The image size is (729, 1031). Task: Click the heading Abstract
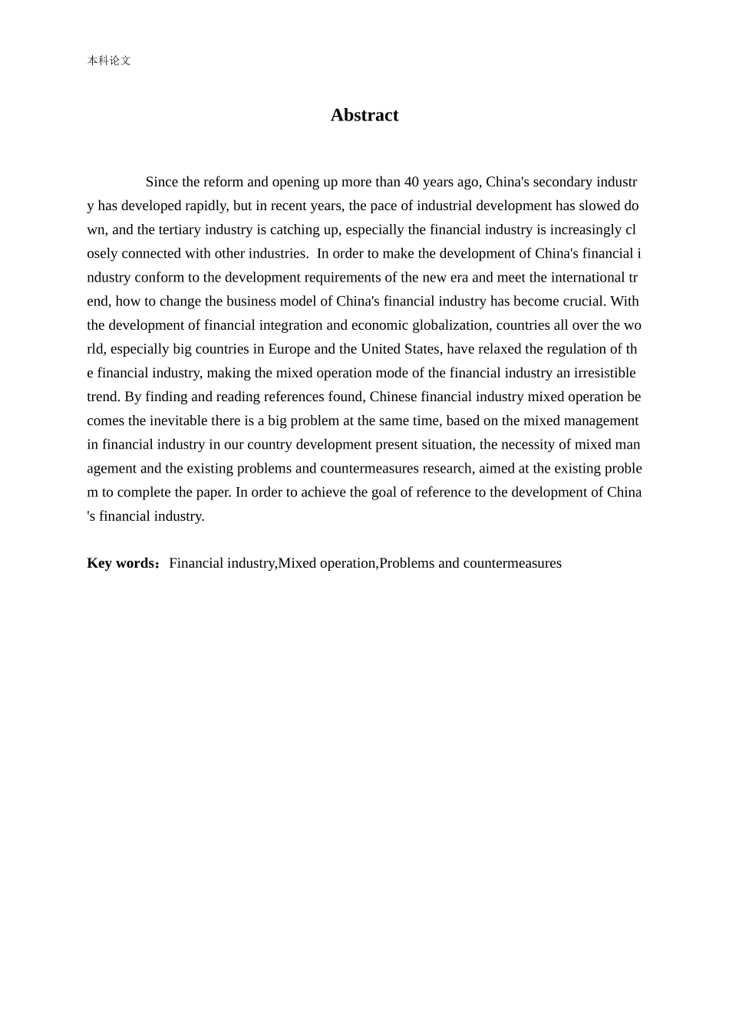point(364,115)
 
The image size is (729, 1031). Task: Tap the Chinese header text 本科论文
point(109,61)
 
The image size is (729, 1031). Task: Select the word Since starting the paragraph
point(161,182)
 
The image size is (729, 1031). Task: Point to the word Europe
point(289,348)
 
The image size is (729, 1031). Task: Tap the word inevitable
point(179,420)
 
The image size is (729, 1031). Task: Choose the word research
point(447,468)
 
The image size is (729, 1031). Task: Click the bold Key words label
point(122,563)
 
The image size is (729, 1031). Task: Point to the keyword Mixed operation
point(327,563)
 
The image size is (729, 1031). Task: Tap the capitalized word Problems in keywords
point(407,563)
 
